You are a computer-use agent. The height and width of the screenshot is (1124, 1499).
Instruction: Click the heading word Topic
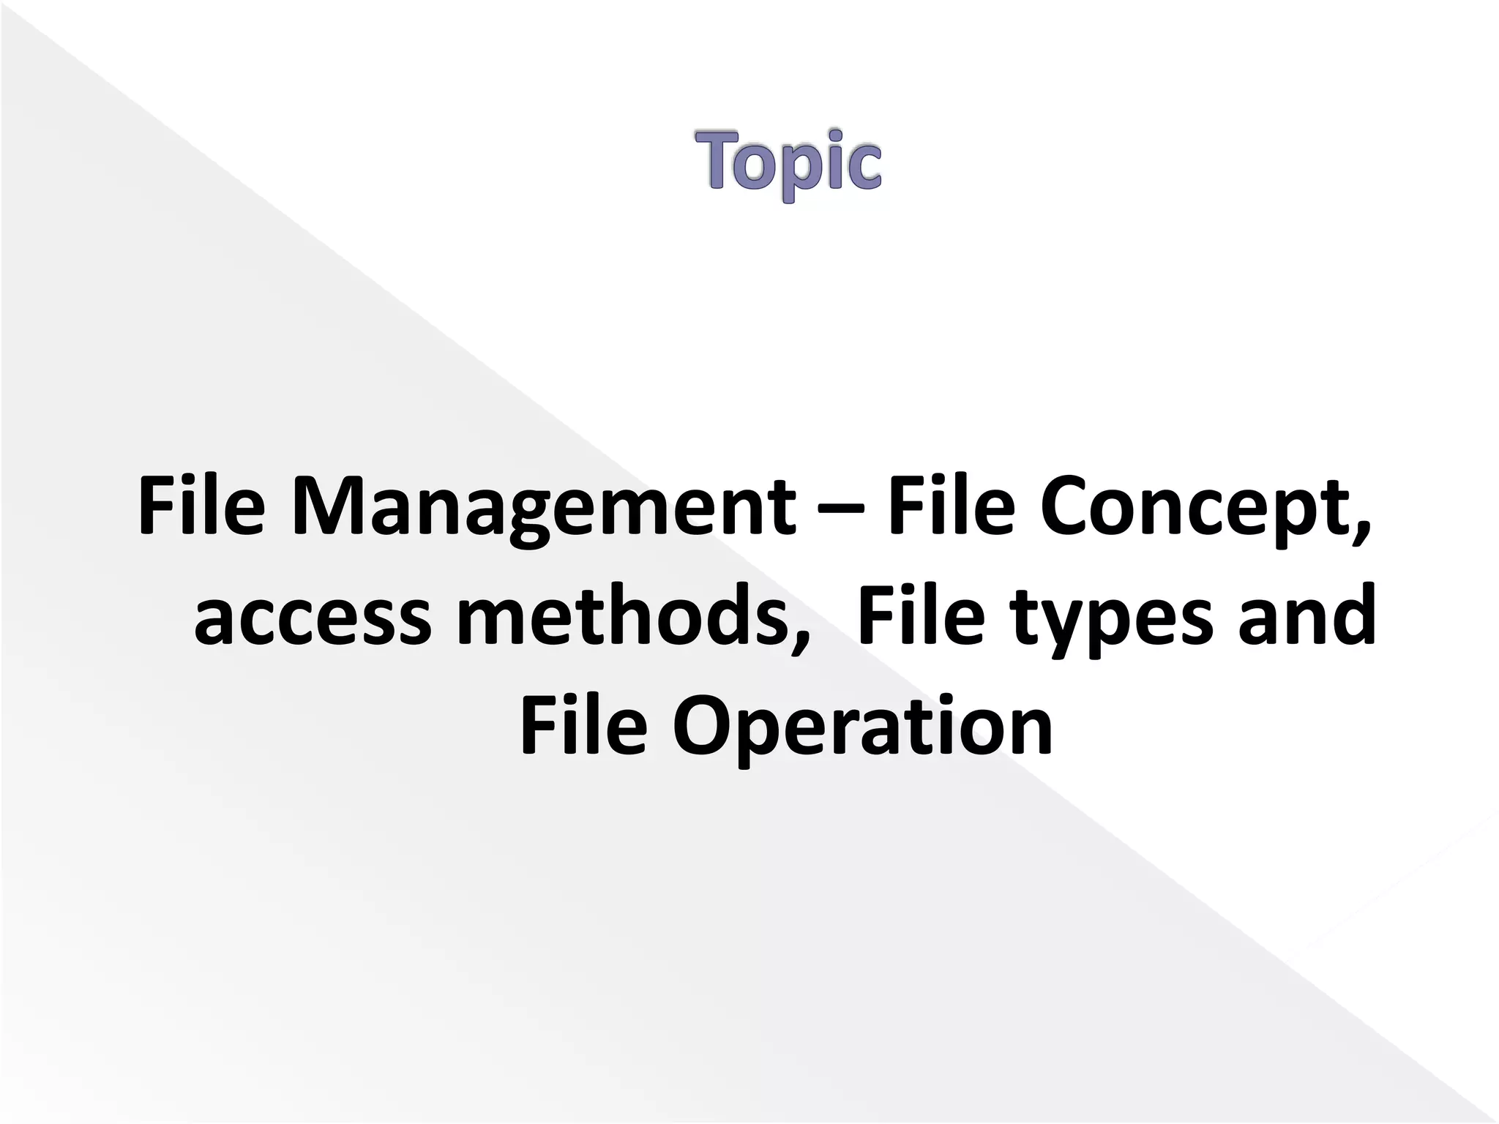tap(788, 162)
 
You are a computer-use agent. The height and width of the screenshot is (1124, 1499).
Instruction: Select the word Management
tap(542, 506)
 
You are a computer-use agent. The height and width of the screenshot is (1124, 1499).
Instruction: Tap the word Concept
tap(1192, 506)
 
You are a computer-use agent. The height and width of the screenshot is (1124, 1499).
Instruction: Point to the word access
tap(313, 616)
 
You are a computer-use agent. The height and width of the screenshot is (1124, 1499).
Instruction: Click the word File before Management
tap(201, 506)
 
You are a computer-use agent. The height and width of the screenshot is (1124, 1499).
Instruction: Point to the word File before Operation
tap(583, 726)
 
